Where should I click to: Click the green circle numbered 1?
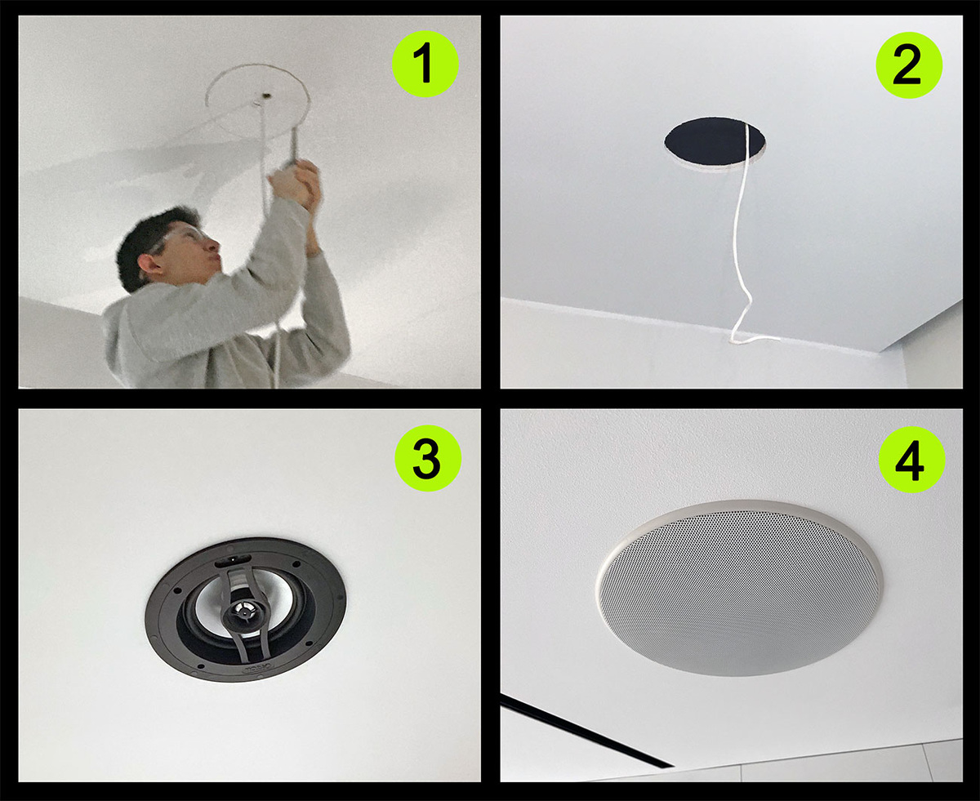[x=425, y=65]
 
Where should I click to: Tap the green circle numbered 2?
[x=909, y=65]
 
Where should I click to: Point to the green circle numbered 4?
[x=911, y=460]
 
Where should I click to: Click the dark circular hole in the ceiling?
[x=715, y=142]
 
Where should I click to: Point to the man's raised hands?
[x=297, y=186]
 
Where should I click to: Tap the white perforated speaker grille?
[x=738, y=590]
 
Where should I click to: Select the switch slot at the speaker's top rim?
[x=234, y=561]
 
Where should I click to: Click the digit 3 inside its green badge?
[x=426, y=458]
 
